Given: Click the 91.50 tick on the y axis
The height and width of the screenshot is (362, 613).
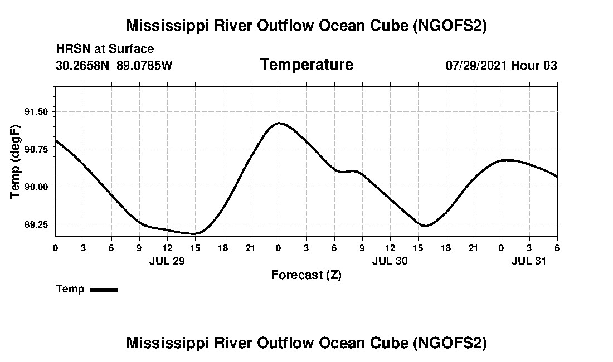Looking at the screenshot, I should [x=37, y=112].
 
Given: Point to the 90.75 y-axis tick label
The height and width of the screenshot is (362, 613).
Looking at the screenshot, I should [x=37, y=149].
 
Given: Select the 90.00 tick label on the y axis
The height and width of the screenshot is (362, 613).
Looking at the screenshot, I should [x=37, y=187].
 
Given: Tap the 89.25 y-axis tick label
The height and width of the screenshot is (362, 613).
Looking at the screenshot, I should [x=37, y=224].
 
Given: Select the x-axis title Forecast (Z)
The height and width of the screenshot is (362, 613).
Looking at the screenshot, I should [x=306, y=275].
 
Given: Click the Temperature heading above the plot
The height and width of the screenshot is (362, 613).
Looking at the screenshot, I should [x=306, y=65].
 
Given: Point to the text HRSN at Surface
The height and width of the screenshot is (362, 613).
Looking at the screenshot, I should [x=105, y=50].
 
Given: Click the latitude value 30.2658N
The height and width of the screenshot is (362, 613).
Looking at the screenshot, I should [x=82, y=65].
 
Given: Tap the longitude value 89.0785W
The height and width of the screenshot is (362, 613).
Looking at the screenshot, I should [x=144, y=65].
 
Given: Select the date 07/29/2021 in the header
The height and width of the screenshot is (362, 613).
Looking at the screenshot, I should [x=476, y=65].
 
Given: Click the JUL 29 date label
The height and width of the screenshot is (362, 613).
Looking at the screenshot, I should [x=167, y=261].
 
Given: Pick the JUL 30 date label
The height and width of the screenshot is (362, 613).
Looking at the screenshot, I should [x=390, y=261].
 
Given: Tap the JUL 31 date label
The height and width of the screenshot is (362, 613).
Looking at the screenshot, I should [x=529, y=261].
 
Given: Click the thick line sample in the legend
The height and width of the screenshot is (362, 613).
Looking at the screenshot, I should [x=104, y=290].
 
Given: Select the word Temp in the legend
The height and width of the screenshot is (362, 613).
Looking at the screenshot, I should [x=70, y=289].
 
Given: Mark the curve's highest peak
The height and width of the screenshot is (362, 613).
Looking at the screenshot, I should [x=279, y=123].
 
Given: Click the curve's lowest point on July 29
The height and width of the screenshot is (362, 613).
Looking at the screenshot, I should [x=194, y=234].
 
